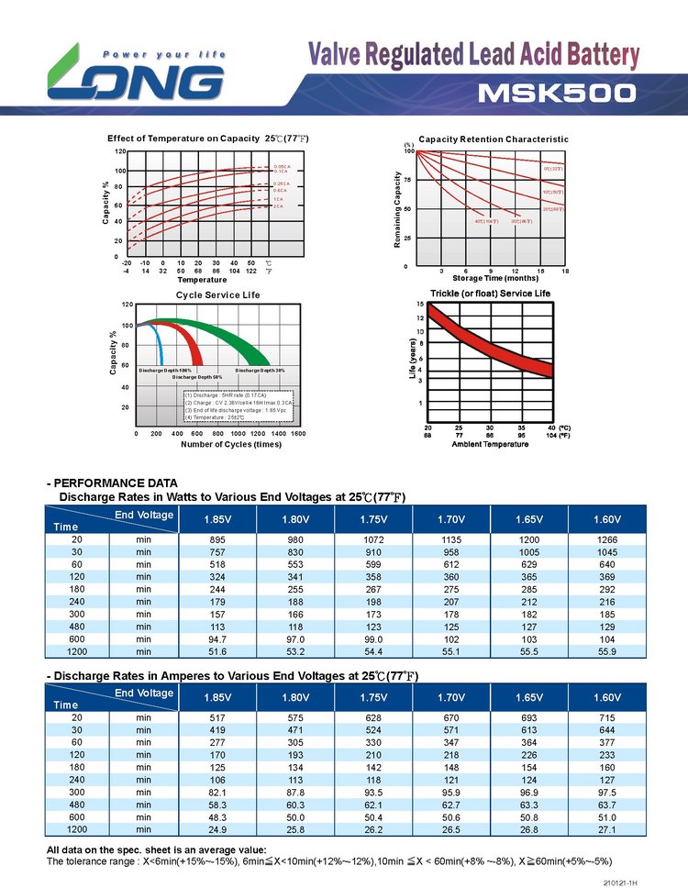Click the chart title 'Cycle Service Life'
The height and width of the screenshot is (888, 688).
[x=218, y=295]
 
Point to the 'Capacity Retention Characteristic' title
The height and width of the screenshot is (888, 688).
[x=494, y=139]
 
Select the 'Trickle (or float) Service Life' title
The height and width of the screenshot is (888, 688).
[x=491, y=294]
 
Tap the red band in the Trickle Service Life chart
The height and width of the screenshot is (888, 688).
[x=486, y=344]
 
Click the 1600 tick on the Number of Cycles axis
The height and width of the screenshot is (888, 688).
[x=298, y=433]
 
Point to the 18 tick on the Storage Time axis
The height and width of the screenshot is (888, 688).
[x=566, y=272]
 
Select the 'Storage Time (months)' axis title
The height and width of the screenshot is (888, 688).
[x=495, y=279]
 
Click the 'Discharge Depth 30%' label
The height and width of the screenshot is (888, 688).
[x=260, y=370]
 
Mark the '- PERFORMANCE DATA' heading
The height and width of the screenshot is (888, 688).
[x=112, y=483]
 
